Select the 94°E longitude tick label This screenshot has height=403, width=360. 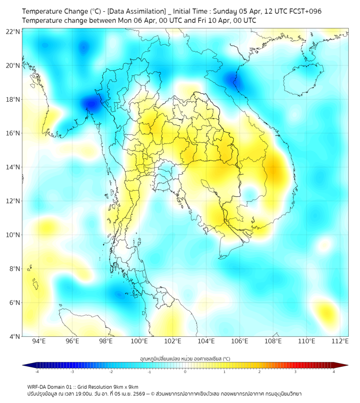pos(39,341)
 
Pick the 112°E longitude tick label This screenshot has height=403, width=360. pos(341,341)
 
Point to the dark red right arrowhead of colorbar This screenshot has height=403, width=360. pos(345,365)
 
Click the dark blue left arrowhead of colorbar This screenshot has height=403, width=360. pos(26,365)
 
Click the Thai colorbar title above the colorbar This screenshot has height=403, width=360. pos(185,359)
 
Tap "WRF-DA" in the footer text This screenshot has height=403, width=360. pos(38,387)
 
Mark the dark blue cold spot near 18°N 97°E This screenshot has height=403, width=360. pos(91,103)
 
